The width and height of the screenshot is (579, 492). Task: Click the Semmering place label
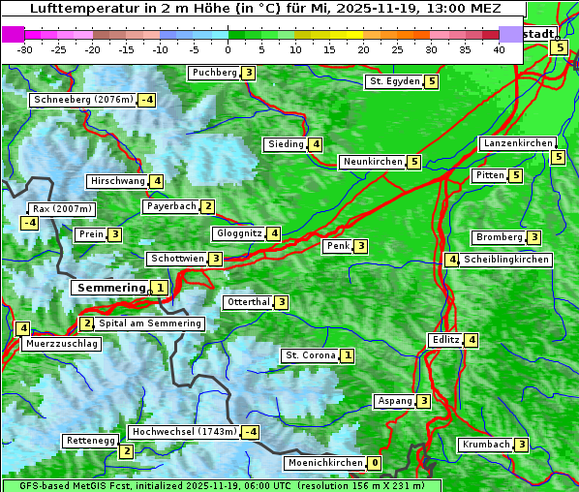point(110,288)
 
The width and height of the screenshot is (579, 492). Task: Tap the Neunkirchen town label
point(372,162)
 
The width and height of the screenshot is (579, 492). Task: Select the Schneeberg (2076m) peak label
point(82,100)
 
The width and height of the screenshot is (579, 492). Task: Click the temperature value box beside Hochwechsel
point(251,432)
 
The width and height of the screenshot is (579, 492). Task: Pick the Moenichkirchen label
point(325,463)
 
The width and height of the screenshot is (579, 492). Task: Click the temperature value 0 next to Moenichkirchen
point(375,463)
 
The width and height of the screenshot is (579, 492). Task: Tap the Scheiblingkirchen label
point(506,260)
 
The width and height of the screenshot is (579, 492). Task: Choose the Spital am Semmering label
point(150,323)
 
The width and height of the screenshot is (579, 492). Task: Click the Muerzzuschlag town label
point(62,344)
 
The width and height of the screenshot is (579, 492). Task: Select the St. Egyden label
point(394,81)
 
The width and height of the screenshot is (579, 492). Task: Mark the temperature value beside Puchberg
point(249,73)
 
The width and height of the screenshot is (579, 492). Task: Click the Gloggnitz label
point(237,233)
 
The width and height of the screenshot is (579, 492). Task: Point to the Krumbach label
point(485,445)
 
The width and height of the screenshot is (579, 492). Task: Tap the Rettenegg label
point(90,441)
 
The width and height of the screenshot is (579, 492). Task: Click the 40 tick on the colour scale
point(498,49)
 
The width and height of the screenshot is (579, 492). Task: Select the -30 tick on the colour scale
point(24,49)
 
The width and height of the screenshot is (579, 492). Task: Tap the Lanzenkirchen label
point(517,143)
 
